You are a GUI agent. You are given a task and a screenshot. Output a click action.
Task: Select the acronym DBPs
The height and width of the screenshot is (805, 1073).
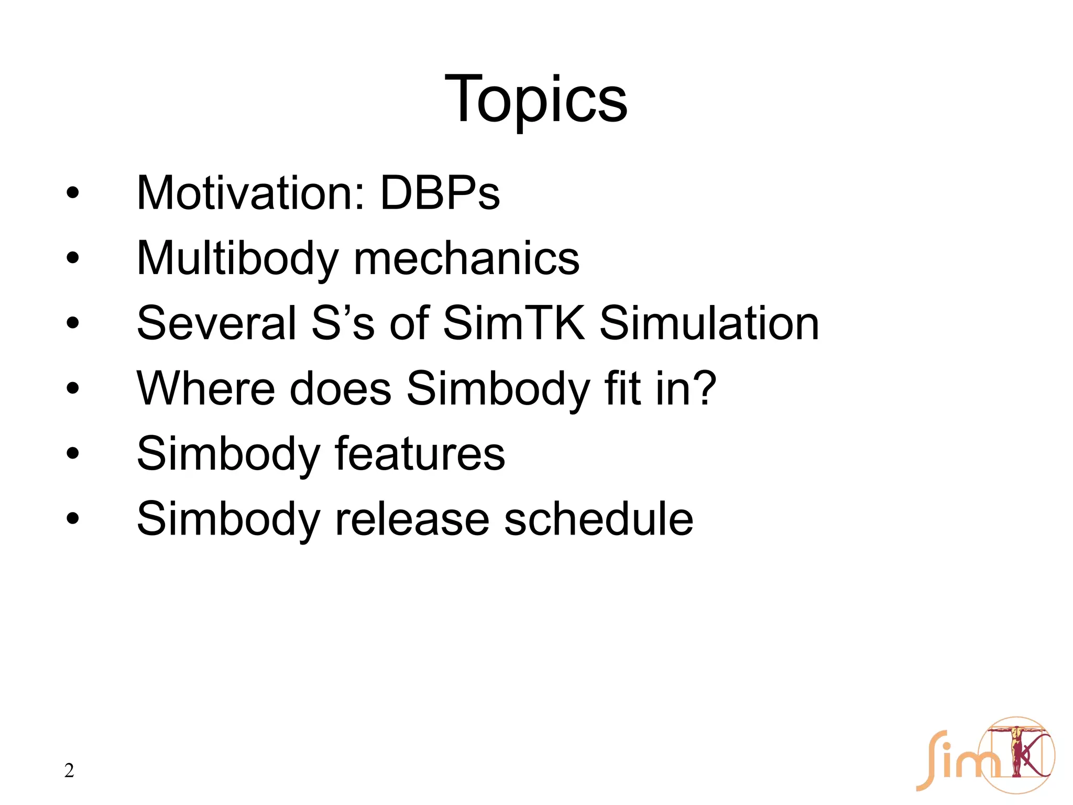(x=440, y=193)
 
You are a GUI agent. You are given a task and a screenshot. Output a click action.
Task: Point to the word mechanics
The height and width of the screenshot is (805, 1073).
(x=466, y=259)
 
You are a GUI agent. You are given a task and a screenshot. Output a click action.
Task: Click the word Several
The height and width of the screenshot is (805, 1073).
(x=216, y=323)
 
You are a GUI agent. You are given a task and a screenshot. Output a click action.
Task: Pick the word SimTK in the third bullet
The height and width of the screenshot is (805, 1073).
(x=513, y=323)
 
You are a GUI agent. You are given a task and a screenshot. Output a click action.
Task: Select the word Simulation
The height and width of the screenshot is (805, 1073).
(x=709, y=323)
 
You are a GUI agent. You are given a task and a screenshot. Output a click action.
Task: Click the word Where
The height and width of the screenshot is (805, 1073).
(x=205, y=389)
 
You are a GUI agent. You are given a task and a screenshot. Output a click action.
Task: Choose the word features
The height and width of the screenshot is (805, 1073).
(x=420, y=454)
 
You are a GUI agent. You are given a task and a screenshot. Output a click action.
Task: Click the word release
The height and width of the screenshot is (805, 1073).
(x=411, y=519)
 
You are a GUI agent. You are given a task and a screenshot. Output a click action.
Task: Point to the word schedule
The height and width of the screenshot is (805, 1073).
(x=598, y=519)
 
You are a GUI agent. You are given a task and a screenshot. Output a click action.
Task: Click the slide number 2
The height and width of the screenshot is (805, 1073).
(x=69, y=771)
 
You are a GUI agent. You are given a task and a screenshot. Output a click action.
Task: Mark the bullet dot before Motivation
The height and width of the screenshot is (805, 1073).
(x=73, y=193)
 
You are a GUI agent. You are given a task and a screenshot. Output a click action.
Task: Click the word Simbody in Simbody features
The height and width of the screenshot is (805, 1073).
(x=228, y=454)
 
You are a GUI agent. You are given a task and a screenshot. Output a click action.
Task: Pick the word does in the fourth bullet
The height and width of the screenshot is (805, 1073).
(x=341, y=389)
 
